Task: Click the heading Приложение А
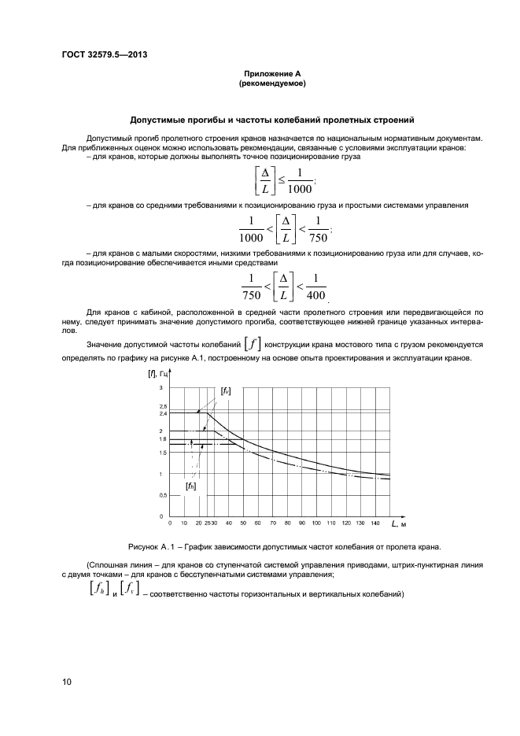click(271, 73)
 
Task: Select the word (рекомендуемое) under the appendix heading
click(271, 83)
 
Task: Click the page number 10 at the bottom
click(67, 682)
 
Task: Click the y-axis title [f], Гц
click(160, 373)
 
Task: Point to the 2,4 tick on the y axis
click(164, 413)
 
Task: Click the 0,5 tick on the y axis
click(164, 495)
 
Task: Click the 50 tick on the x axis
click(244, 523)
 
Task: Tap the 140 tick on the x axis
click(374, 523)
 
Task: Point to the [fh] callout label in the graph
click(190, 486)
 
